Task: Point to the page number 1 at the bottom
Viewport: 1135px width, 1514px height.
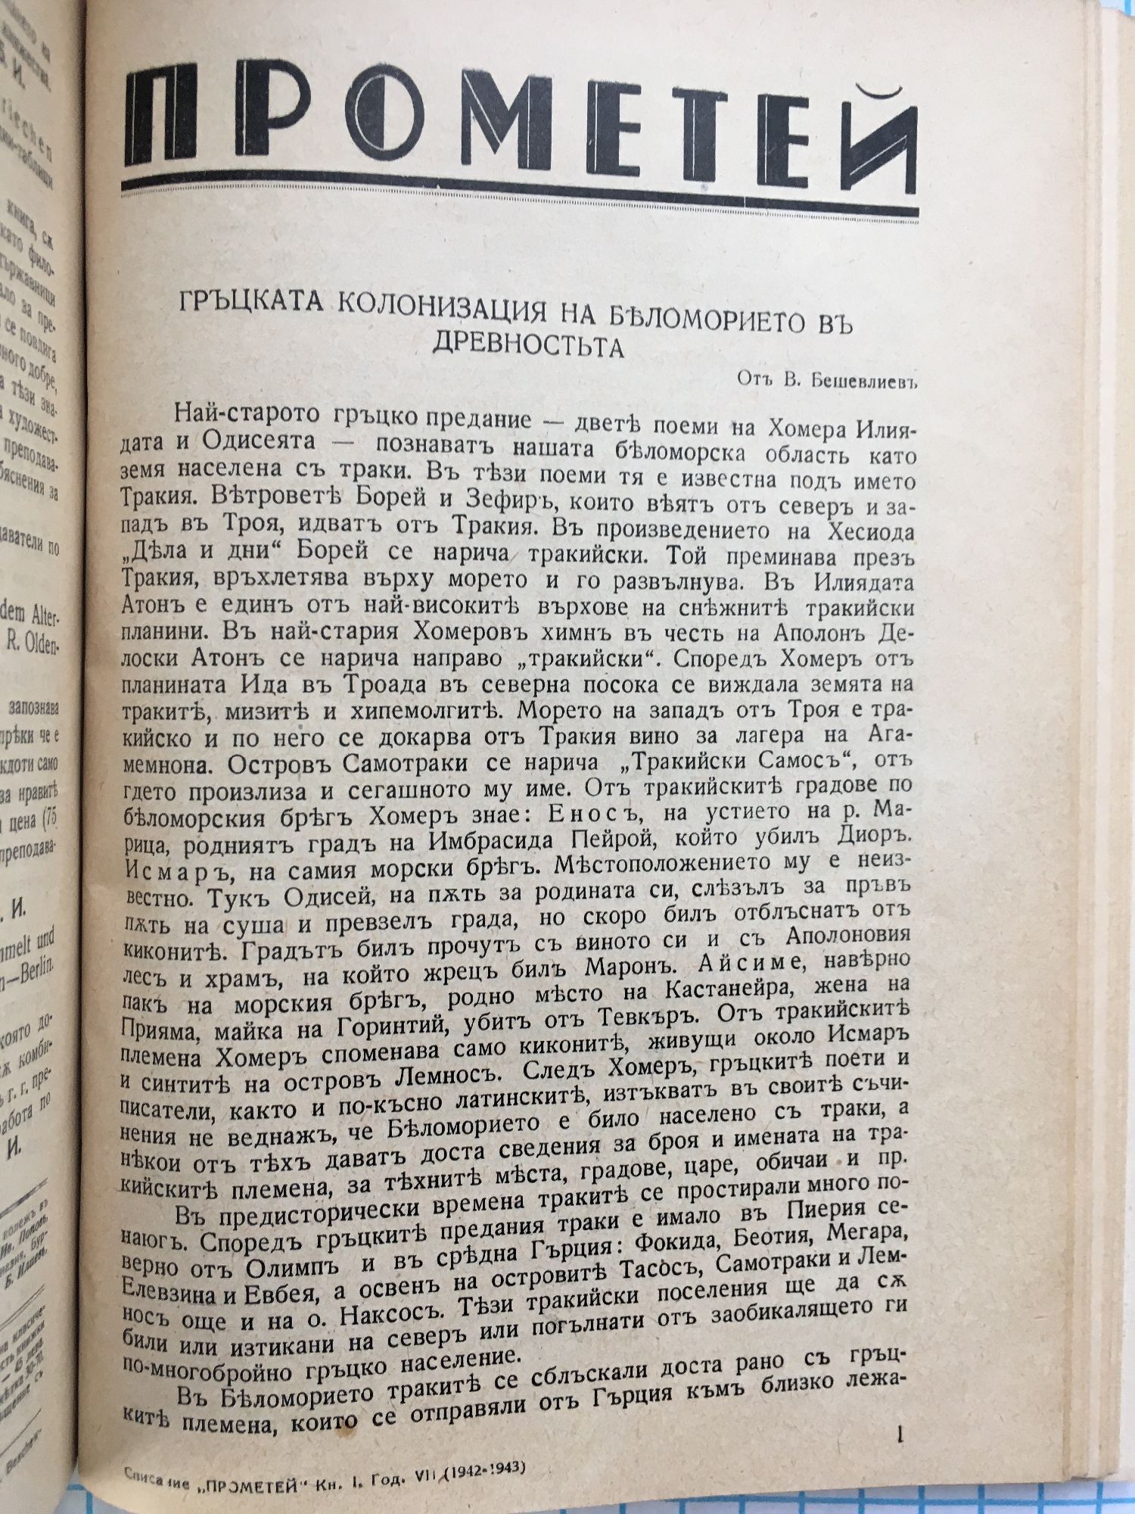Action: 900,1435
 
